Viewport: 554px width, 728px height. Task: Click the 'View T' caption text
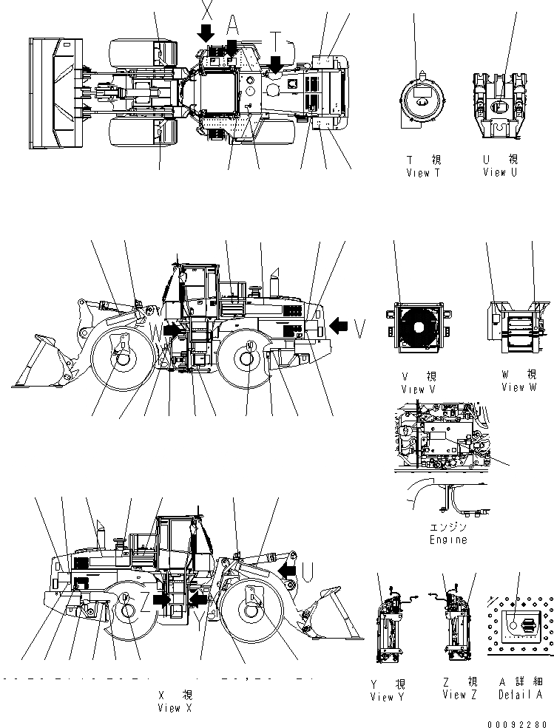[x=423, y=172]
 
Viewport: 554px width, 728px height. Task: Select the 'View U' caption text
[x=500, y=172]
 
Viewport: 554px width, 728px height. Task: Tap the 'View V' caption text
[x=418, y=389]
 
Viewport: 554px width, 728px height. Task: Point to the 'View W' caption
[x=518, y=387]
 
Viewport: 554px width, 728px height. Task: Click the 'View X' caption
[x=169, y=707]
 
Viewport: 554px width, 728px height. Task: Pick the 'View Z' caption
[x=459, y=694]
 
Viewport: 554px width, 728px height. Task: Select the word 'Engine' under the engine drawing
[x=448, y=540]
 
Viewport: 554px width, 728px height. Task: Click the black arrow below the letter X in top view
[x=206, y=32]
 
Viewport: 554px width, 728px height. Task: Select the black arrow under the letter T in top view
[x=276, y=66]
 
